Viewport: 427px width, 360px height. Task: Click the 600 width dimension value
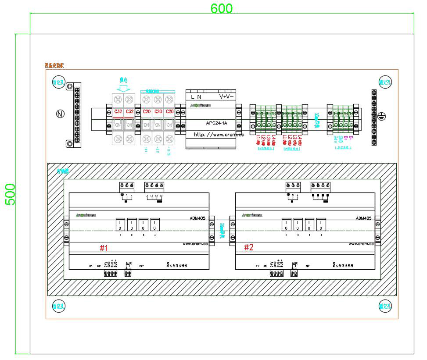pyautogui.click(x=222, y=8)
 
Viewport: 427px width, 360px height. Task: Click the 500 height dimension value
pyautogui.click(x=10, y=194)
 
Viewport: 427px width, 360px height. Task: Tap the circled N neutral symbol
pyautogui.click(x=60, y=114)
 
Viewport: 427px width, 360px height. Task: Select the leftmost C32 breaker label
pyautogui.click(x=118, y=112)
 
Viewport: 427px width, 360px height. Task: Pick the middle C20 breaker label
pyautogui.click(x=158, y=112)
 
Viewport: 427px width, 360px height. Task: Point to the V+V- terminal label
pyautogui.click(x=226, y=96)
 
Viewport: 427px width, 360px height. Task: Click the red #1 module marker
pyautogui.click(x=104, y=248)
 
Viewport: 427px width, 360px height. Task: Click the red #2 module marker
pyautogui.click(x=249, y=248)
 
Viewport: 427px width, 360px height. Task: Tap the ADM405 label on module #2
pyautogui.click(x=363, y=217)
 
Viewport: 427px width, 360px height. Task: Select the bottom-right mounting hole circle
pyautogui.click(x=385, y=306)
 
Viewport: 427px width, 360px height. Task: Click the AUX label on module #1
pyautogui.click(x=129, y=263)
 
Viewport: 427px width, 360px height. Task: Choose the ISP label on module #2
pyautogui.click(x=308, y=266)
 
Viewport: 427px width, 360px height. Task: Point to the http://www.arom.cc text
pyautogui.click(x=219, y=135)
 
